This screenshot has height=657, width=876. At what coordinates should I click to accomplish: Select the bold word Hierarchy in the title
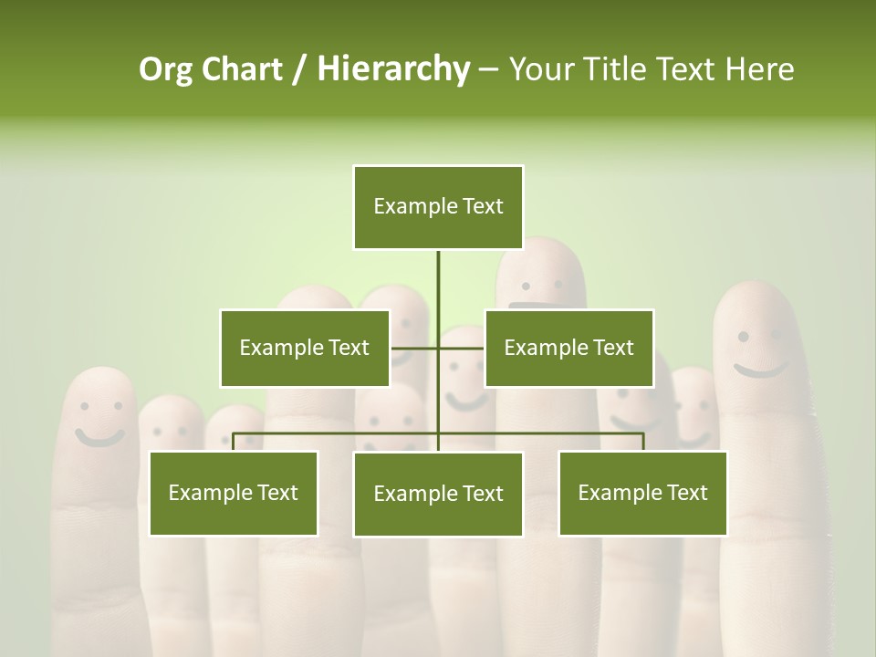(393, 69)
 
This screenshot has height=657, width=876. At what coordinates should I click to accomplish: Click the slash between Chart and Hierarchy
(299, 69)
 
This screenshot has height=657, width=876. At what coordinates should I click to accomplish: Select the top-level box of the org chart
(438, 207)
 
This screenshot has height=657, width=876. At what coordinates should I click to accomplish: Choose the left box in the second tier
(304, 348)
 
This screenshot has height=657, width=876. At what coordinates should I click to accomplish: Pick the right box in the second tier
(568, 348)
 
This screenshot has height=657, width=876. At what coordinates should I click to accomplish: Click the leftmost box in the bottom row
(233, 493)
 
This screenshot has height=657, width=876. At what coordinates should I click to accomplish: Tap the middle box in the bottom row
(438, 494)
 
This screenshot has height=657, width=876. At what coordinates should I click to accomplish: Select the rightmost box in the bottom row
(642, 493)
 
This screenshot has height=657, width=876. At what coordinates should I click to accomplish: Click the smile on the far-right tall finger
(761, 370)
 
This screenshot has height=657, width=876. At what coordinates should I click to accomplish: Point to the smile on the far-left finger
(99, 437)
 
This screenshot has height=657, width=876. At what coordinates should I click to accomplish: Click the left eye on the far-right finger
(743, 337)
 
